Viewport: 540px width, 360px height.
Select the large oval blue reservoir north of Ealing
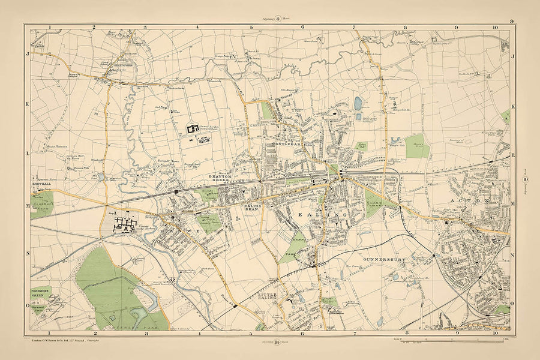point(358,103)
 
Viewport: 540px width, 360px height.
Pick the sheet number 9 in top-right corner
point(512,21)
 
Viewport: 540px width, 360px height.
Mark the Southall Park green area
point(42,203)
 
